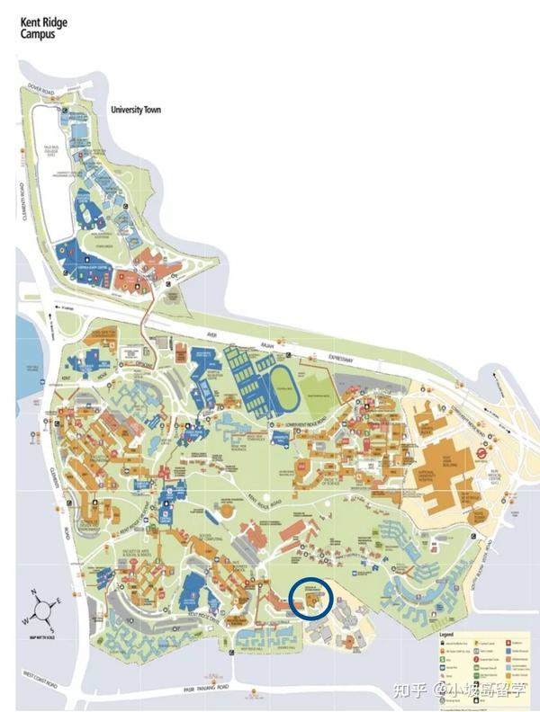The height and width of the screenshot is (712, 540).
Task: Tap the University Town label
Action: click(x=135, y=109)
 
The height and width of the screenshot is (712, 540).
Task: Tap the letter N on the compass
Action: click(x=33, y=592)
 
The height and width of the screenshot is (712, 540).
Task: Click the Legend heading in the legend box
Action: click(x=446, y=636)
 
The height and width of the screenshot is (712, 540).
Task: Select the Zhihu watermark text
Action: click(x=468, y=690)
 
